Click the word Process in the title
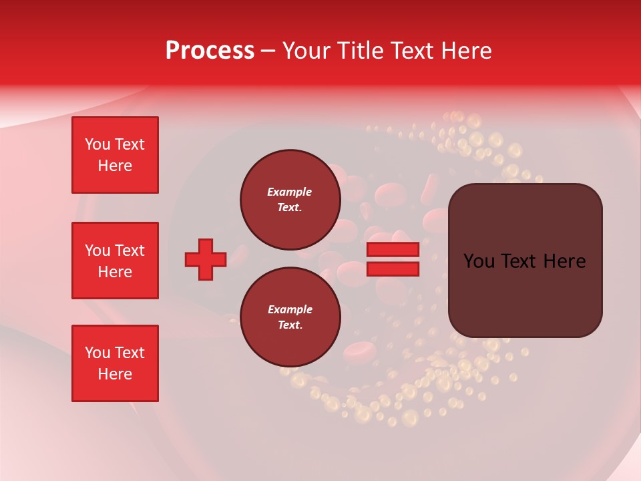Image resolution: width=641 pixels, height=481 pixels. coord(210,51)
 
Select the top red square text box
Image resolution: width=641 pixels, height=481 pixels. coord(115,155)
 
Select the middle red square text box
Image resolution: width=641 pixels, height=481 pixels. coord(115,261)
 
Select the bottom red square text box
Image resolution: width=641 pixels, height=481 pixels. coord(115,363)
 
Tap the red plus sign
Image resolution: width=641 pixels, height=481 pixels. coord(206,259)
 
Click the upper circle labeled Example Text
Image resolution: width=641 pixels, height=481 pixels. coord(290,200)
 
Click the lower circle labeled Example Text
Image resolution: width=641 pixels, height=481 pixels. coord(290,317)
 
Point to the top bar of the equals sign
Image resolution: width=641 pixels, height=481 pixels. coord(393,249)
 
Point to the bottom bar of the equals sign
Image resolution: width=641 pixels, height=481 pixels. coord(393,269)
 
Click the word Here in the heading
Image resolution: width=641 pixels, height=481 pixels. coord(467,51)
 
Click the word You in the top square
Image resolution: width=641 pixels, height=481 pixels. coord(97,144)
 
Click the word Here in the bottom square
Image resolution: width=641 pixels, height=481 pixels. coord(115,374)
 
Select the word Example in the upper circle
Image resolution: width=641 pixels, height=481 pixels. coord(289,192)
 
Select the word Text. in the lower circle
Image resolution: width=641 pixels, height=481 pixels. coord(290,325)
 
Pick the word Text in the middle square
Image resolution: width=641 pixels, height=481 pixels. coord(130,251)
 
